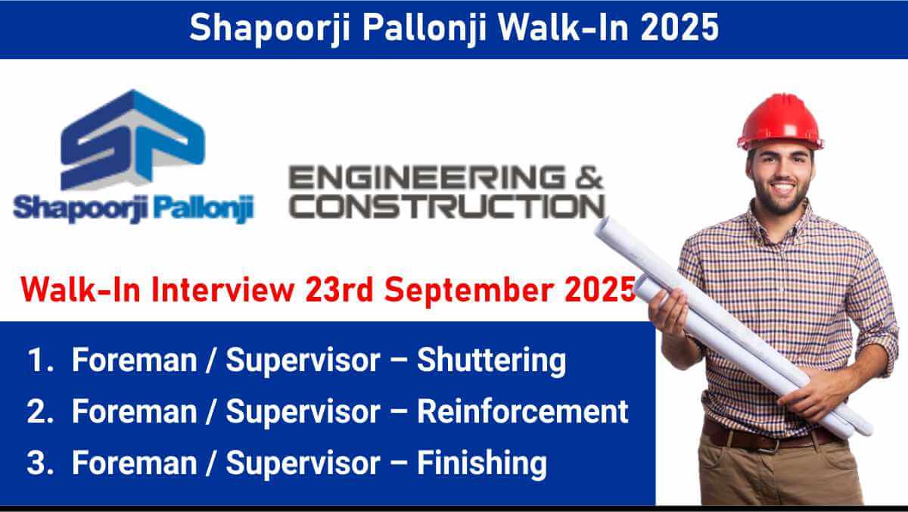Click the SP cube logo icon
133,140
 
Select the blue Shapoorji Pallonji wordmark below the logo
133,208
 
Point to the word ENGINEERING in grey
427,177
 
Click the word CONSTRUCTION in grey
446,206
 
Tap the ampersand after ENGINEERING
589,177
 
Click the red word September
469,290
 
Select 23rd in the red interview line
339,289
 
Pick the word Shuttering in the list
491,361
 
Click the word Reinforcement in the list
523,411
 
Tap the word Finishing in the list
482,464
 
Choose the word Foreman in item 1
134,361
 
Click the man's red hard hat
780,122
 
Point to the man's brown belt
770,437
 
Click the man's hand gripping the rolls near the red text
669,312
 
